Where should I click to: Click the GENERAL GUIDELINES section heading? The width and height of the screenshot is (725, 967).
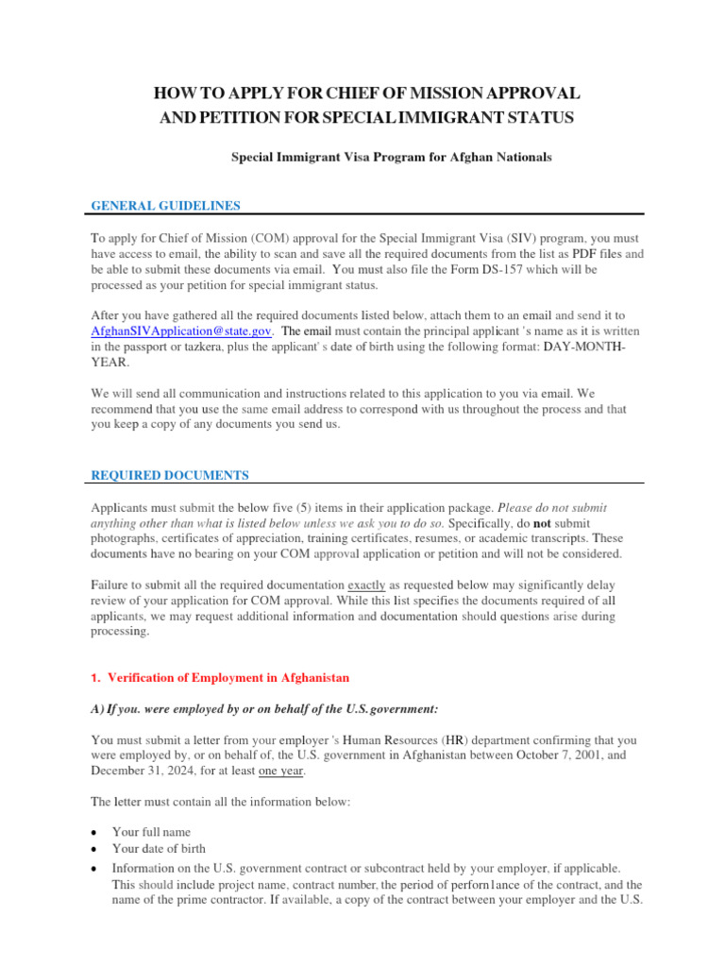coord(165,205)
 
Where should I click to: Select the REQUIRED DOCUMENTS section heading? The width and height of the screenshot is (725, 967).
coord(170,475)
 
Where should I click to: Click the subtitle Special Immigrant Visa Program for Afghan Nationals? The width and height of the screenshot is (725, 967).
coord(392,158)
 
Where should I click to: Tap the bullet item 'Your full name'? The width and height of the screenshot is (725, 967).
coord(151,832)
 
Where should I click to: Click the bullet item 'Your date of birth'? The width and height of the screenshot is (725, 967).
coord(159,849)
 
